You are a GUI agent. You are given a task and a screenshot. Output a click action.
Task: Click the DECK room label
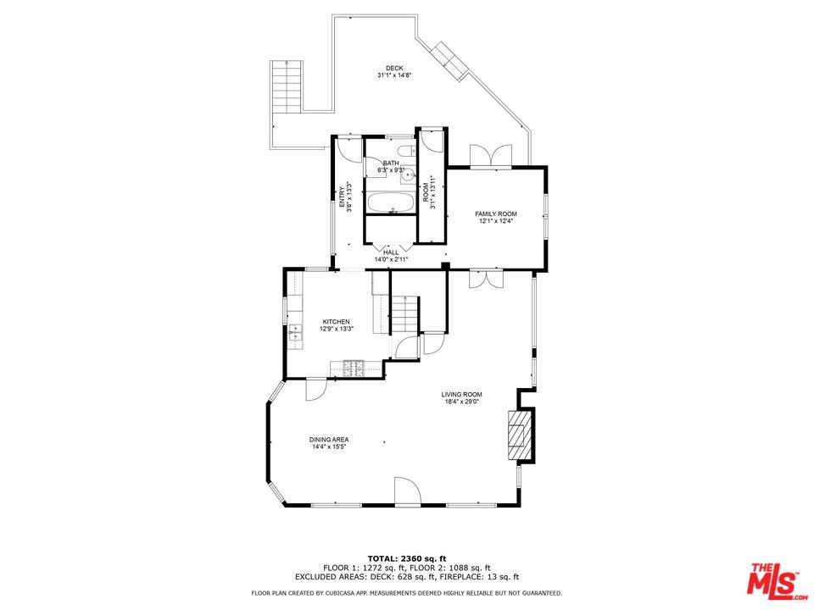pos(394,69)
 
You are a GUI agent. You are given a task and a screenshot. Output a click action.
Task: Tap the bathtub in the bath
pos(391,202)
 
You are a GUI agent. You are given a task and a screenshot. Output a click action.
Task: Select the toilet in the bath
pos(406,152)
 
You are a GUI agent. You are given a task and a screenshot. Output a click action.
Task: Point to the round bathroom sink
pos(409,175)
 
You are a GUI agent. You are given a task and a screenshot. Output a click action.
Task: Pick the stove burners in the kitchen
pos(354,369)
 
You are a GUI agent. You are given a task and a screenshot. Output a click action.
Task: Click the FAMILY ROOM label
pos(496,213)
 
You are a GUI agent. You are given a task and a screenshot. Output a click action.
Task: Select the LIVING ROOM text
pos(461,395)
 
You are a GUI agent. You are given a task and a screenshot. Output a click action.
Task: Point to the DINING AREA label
pos(329,440)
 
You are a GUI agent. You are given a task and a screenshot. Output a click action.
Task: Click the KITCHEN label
pos(336,322)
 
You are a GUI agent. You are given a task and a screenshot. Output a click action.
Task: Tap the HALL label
pos(391,252)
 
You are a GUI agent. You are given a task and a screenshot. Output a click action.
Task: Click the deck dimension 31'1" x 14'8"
pos(394,75)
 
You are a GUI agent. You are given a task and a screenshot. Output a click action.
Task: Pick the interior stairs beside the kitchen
pos(404,315)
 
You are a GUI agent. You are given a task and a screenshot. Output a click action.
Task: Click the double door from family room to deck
pos(491,156)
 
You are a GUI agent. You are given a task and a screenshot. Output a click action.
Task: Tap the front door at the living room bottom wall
pos(407,491)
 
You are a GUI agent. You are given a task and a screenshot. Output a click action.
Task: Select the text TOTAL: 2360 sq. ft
pos(406,558)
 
